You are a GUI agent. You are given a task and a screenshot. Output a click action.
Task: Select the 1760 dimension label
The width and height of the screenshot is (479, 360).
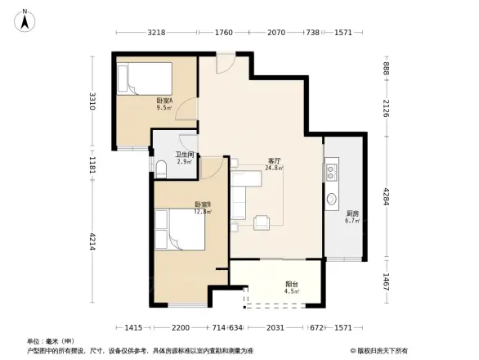click(x=224, y=33)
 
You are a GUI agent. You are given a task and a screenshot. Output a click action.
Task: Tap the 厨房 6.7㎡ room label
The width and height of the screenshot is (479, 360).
click(x=352, y=217)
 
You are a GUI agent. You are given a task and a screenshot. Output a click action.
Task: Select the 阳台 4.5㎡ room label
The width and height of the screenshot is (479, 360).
click(x=290, y=286)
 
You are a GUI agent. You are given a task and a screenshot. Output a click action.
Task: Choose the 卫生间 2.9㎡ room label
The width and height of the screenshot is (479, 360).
click(x=184, y=159)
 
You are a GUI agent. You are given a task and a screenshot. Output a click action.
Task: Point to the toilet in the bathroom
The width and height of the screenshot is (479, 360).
click(x=161, y=169)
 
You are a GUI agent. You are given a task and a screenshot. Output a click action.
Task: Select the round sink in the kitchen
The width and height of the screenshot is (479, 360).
click(x=333, y=199)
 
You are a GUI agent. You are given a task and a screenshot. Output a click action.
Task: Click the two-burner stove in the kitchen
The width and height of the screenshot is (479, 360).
click(x=333, y=172)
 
